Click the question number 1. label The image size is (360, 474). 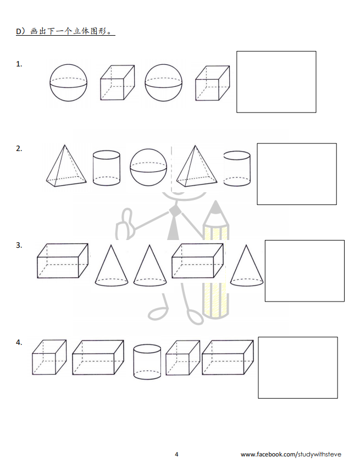(19, 64)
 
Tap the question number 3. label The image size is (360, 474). (19, 245)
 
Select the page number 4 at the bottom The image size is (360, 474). (176, 454)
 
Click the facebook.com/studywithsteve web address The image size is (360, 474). (291, 454)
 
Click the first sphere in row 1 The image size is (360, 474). (68, 82)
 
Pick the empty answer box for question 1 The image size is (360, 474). (276, 82)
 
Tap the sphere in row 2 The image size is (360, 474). (148, 167)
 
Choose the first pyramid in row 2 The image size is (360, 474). (67, 166)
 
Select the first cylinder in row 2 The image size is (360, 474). (106, 168)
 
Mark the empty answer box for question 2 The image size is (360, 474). (297, 174)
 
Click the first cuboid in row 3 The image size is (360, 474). (63, 261)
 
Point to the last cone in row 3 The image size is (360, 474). (247, 266)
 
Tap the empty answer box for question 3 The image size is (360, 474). (304, 271)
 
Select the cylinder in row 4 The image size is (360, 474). (147, 361)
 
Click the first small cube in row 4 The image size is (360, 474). (49, 358)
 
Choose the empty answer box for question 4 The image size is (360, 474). (298, 367)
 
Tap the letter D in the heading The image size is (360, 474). (18, 31)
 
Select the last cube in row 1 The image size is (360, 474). (212, 83)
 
